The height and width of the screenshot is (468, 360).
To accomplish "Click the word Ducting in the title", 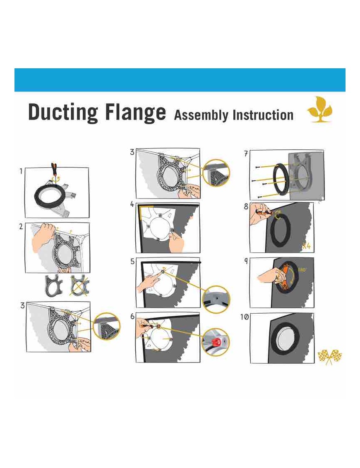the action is point(63,113).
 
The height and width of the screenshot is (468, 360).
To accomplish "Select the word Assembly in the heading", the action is point(201,115).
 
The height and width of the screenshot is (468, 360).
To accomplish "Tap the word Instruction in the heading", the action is point(263,115).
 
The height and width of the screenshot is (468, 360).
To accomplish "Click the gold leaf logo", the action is point(320,109).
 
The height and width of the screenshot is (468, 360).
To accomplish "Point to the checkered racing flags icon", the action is point(330,357).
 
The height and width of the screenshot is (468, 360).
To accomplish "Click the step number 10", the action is point(245,317).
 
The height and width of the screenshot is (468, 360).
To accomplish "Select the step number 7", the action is point(246,154).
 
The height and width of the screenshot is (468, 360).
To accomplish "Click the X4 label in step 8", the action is point(306,246).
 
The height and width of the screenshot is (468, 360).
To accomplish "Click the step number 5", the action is point(132,262).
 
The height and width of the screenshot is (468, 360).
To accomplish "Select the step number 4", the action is point(132,204).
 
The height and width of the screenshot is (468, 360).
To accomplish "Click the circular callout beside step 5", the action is point(216,299).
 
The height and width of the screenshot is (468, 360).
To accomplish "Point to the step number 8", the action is point(246,206).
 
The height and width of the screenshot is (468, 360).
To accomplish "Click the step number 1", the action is point(21,171).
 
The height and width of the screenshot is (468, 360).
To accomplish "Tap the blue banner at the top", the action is point(180,80).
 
